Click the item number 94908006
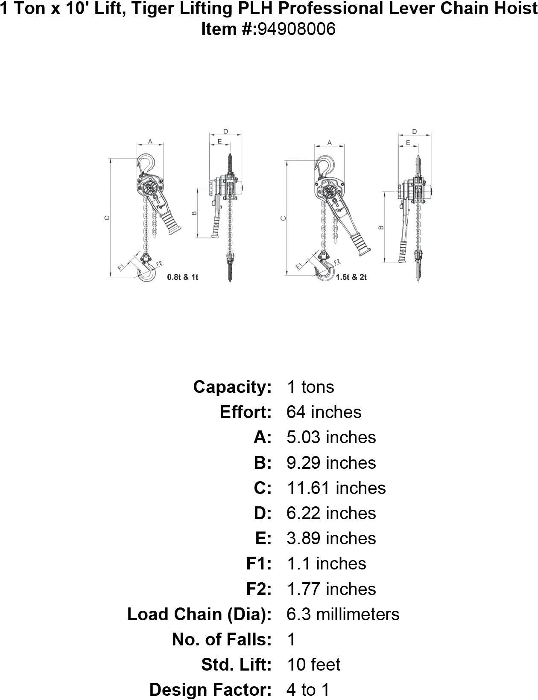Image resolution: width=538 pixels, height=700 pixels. pos(295,29)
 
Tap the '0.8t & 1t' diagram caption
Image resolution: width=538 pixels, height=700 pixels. pos(183,277)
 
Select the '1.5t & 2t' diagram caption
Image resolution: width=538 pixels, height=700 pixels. pos(351,277)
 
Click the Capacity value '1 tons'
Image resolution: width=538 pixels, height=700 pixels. pos(310,387)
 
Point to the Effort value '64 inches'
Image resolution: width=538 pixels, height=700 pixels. pos(324,412)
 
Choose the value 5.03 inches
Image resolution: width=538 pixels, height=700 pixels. pos(331,437)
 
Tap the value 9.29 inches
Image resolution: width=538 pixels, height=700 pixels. pos(331,463)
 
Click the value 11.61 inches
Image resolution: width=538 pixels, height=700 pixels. pos(336,488)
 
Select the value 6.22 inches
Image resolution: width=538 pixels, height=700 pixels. pos(331,513)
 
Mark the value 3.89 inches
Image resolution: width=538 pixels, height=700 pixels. pos(331,538)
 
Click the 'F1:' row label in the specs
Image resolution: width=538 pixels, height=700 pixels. pos(259,563)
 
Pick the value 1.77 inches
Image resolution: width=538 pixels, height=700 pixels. pos(331,589)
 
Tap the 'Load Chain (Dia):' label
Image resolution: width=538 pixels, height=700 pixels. pos(199,614)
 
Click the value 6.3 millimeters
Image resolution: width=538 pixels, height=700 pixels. pos(343,614)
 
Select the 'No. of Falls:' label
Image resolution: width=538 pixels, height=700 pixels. pos(222,639)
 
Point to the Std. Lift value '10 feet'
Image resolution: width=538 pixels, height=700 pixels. pos(313,665)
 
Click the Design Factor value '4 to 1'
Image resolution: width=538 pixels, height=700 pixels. pos(308,690)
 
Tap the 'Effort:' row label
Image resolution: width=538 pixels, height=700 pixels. pos(246,412)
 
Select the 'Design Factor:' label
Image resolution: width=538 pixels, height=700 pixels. pos(211,690)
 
